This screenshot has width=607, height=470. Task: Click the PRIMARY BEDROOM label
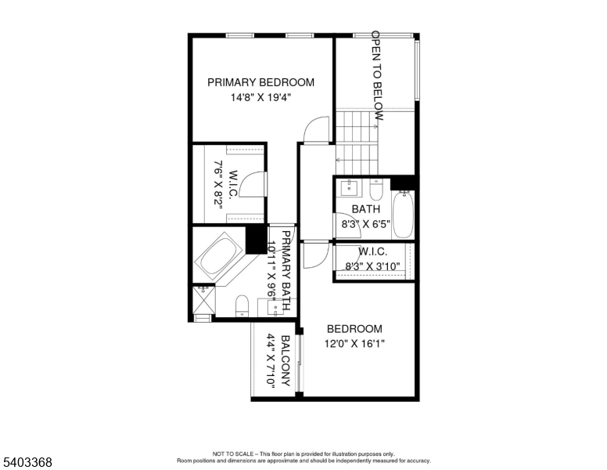pos(260,82)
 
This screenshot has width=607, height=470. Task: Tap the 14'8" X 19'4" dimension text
pos(260,98)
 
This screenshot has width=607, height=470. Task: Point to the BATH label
pos(365,209)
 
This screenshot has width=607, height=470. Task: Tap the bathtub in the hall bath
pos(403,214)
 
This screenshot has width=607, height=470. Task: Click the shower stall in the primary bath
pos(203,299)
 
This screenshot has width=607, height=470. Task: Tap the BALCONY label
pos(286,362)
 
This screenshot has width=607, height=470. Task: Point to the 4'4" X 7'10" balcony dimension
pos(271,362)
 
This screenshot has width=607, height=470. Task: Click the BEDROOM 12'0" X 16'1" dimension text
pos(354,343)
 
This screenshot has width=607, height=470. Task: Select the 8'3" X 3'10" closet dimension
pos(372,266)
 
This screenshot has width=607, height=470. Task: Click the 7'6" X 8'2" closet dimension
pos(219,183)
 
